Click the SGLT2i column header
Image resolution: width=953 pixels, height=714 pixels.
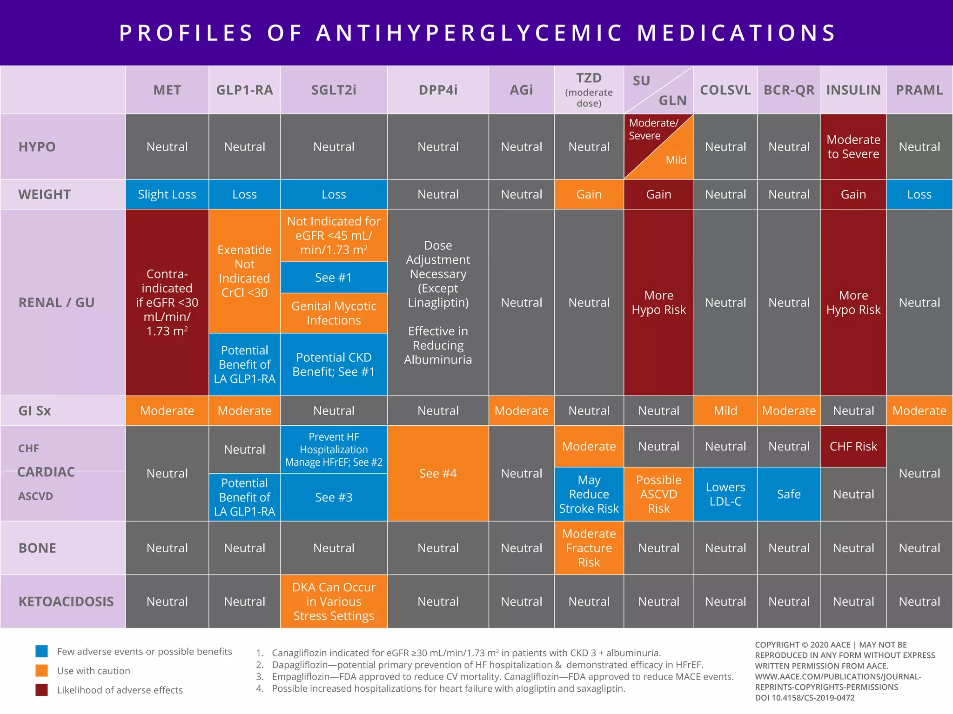click(334, 90)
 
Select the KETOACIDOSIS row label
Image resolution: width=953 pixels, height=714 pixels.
click(66, 602)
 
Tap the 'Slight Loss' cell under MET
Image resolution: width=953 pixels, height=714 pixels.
click(167, 194)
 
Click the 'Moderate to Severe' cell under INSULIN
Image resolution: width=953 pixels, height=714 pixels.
click(853, 146)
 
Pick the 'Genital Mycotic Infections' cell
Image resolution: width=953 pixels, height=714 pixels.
click(334, 313)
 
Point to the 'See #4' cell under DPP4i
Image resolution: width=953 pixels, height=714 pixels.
click(438, 473)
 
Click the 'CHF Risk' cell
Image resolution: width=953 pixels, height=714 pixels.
click(853, 446)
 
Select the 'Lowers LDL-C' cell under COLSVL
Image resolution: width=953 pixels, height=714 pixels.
click(725, 494)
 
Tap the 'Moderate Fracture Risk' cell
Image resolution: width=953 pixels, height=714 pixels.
click(589, 548)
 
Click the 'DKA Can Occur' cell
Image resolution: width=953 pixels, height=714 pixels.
click(334, 601)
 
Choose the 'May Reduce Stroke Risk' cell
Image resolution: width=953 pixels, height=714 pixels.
click(589, 494)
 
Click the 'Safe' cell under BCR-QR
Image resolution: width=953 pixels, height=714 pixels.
click(789, 494)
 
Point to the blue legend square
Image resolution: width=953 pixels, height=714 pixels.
click(41, 651)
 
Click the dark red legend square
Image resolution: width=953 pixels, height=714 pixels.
click(41, 690)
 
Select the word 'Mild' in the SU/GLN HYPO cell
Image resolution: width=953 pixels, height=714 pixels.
click(676, 160)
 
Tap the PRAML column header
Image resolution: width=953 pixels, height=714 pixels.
click(919, 90)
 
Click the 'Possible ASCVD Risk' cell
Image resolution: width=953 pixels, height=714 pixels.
click(658, 494)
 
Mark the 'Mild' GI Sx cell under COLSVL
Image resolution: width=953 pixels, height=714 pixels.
click(725, 410)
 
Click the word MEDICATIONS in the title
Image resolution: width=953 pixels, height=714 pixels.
click(737, 33)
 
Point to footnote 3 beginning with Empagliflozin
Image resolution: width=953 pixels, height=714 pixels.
click(503, 676)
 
